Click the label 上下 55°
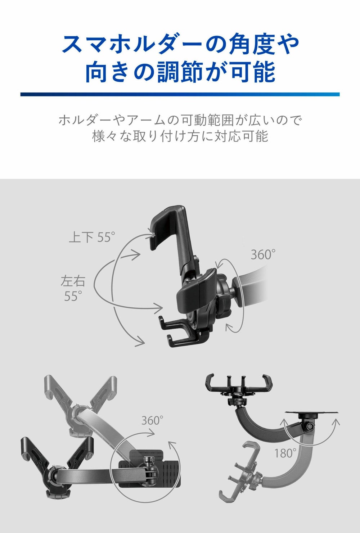[92, 237]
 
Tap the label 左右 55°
[73, 288]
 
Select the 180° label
[285, 453]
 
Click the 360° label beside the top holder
[263, 254]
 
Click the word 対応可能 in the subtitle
[241, 136]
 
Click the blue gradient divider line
[180, 94]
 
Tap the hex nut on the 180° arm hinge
[310, 425]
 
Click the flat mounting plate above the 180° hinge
[312, 412]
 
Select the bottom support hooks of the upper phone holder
[181, 331]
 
